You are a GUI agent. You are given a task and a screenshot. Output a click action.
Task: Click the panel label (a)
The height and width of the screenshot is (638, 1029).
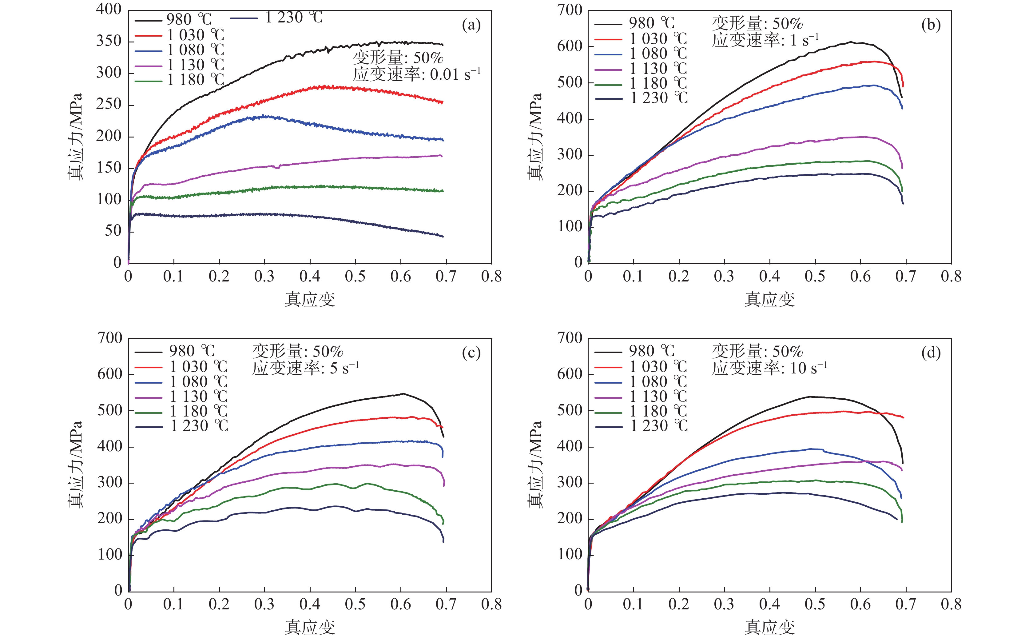(471, 25)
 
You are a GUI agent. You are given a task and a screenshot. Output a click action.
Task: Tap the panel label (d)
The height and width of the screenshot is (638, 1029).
(931, 353)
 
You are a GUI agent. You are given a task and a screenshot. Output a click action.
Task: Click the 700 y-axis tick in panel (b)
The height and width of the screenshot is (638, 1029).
(569, 10)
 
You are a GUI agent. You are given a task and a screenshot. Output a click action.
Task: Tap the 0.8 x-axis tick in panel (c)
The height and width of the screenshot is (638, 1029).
(491, 604)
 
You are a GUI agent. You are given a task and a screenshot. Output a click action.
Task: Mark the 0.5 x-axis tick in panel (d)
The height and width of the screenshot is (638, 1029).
(815, 604)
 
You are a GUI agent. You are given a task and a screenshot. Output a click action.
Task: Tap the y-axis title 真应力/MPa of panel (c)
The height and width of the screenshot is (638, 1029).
(75, 464)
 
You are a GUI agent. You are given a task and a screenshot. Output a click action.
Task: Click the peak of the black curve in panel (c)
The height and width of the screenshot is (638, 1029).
(403, 394)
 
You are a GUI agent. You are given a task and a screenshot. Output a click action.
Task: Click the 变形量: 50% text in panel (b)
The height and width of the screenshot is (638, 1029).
(757, 24)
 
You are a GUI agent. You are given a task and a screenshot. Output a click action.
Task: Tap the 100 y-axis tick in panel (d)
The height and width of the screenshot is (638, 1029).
(569, 554)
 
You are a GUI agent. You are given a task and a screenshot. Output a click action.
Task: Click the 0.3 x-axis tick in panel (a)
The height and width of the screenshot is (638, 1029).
(264, 277)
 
